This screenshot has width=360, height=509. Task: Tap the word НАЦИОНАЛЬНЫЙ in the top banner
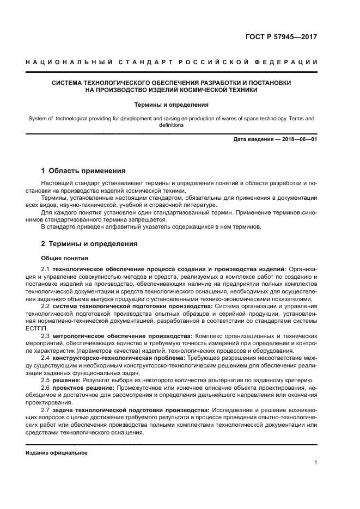click(58, 63)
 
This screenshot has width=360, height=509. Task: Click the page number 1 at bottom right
click(316, 463)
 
